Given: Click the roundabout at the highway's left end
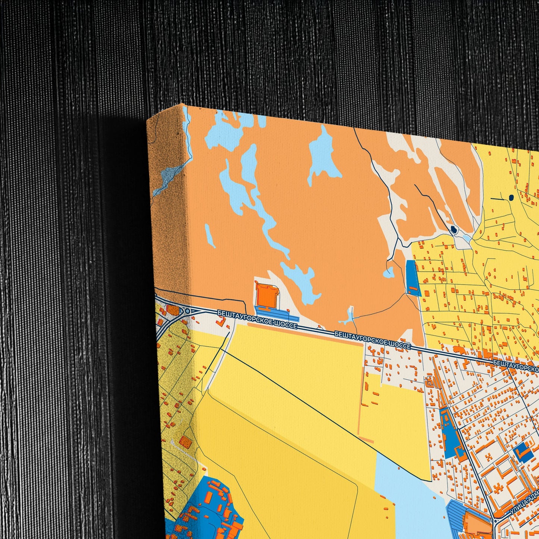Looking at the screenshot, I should [185, 311].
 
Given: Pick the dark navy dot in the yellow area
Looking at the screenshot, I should [511, 198].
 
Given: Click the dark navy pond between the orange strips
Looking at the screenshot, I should [454, 229].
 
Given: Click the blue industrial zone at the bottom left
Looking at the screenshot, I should [203, 507].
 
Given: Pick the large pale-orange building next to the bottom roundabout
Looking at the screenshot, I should [476, 524].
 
